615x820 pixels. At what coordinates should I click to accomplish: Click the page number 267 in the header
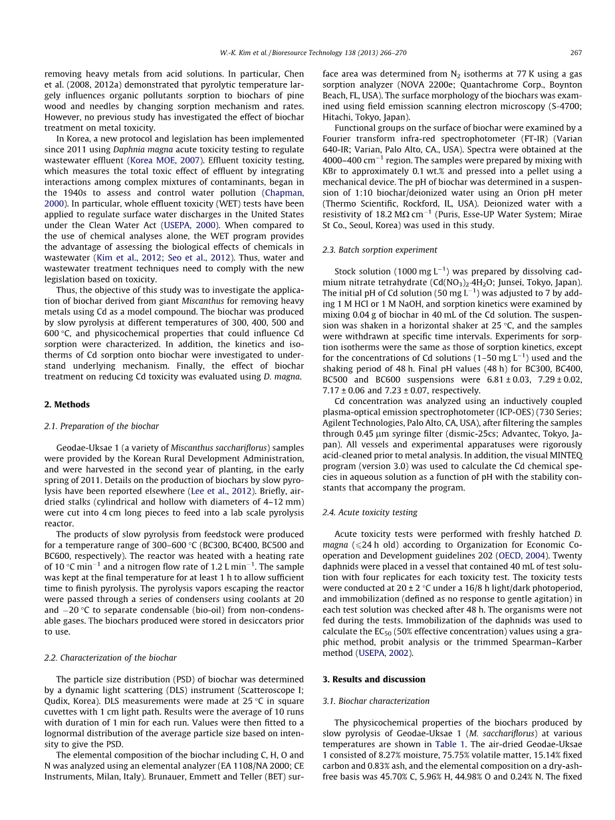[576, 52]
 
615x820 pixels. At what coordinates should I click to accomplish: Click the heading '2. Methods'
[66, 404]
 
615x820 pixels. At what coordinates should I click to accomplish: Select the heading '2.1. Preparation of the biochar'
[101, 426]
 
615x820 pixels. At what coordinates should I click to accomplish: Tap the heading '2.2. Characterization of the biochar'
[110, 658]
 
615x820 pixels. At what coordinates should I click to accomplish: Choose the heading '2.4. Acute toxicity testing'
[370, 512]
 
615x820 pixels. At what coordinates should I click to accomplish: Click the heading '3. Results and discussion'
[374, 679]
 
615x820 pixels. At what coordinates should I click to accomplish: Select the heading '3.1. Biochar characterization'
[376, 701]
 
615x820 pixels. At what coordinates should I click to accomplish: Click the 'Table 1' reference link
[450, 744]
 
